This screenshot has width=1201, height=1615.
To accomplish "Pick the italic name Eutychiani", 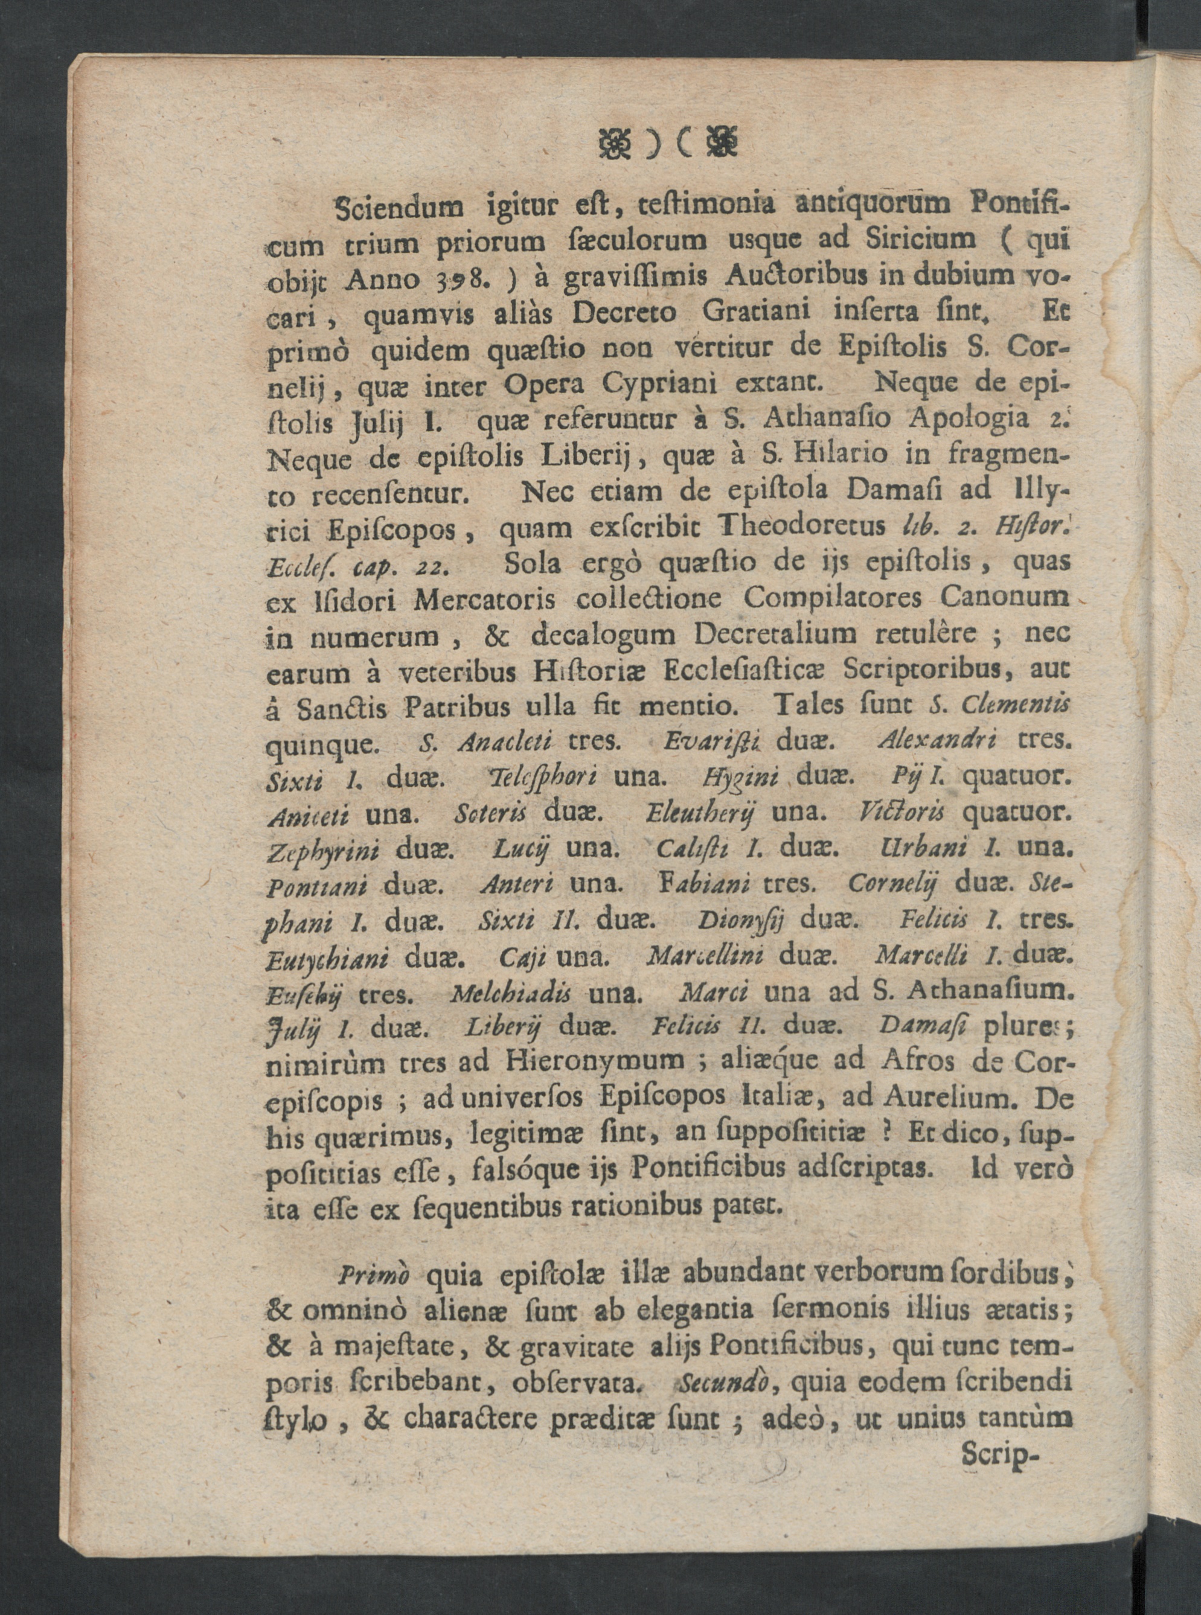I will [328, 959].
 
